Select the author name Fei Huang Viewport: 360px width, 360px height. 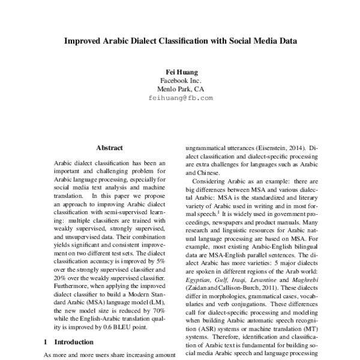180,72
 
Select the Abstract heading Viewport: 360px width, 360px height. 109,148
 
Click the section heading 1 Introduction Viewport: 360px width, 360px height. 70,343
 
